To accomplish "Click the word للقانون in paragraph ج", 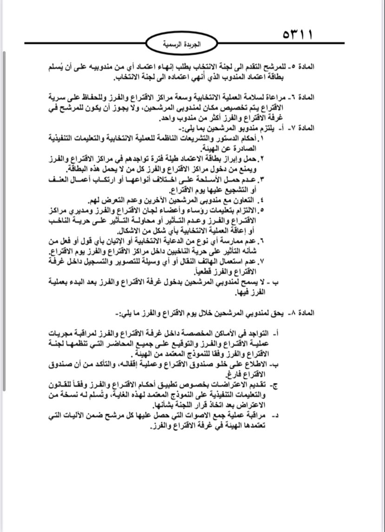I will click(x=59, y=385).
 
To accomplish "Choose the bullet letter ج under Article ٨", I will click(x=277, y=386).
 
